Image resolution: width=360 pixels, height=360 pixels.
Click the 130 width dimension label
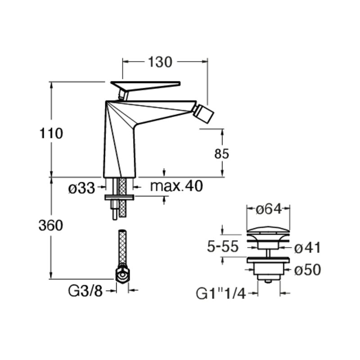tap(160, 62)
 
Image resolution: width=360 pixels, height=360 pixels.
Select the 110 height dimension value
tap(51, 133)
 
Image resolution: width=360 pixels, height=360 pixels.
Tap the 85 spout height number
tap(221, 154)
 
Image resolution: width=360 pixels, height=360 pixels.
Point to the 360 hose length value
tap(51, 225)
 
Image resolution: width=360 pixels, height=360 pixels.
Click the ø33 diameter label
tap(81, 189)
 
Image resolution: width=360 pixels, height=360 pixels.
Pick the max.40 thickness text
tap(176, 186)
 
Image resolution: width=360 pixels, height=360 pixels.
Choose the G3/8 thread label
tap(85, 291)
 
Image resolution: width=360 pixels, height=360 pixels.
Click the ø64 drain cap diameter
tap(268, 209)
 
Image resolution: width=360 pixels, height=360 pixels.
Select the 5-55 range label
tap(223, 247)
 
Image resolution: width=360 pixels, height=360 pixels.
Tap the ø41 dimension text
tap(307, 248)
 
